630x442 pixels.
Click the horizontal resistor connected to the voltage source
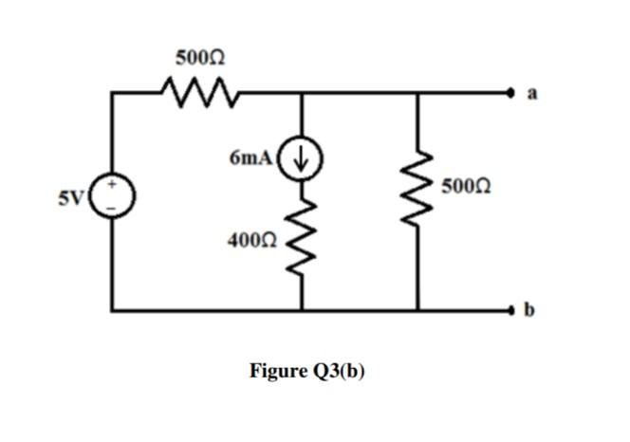pos(199,93)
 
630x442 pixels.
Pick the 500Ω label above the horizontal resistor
pos(199,58)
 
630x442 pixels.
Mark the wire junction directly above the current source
pos(303,93)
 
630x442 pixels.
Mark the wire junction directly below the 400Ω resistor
pos(303,309)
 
